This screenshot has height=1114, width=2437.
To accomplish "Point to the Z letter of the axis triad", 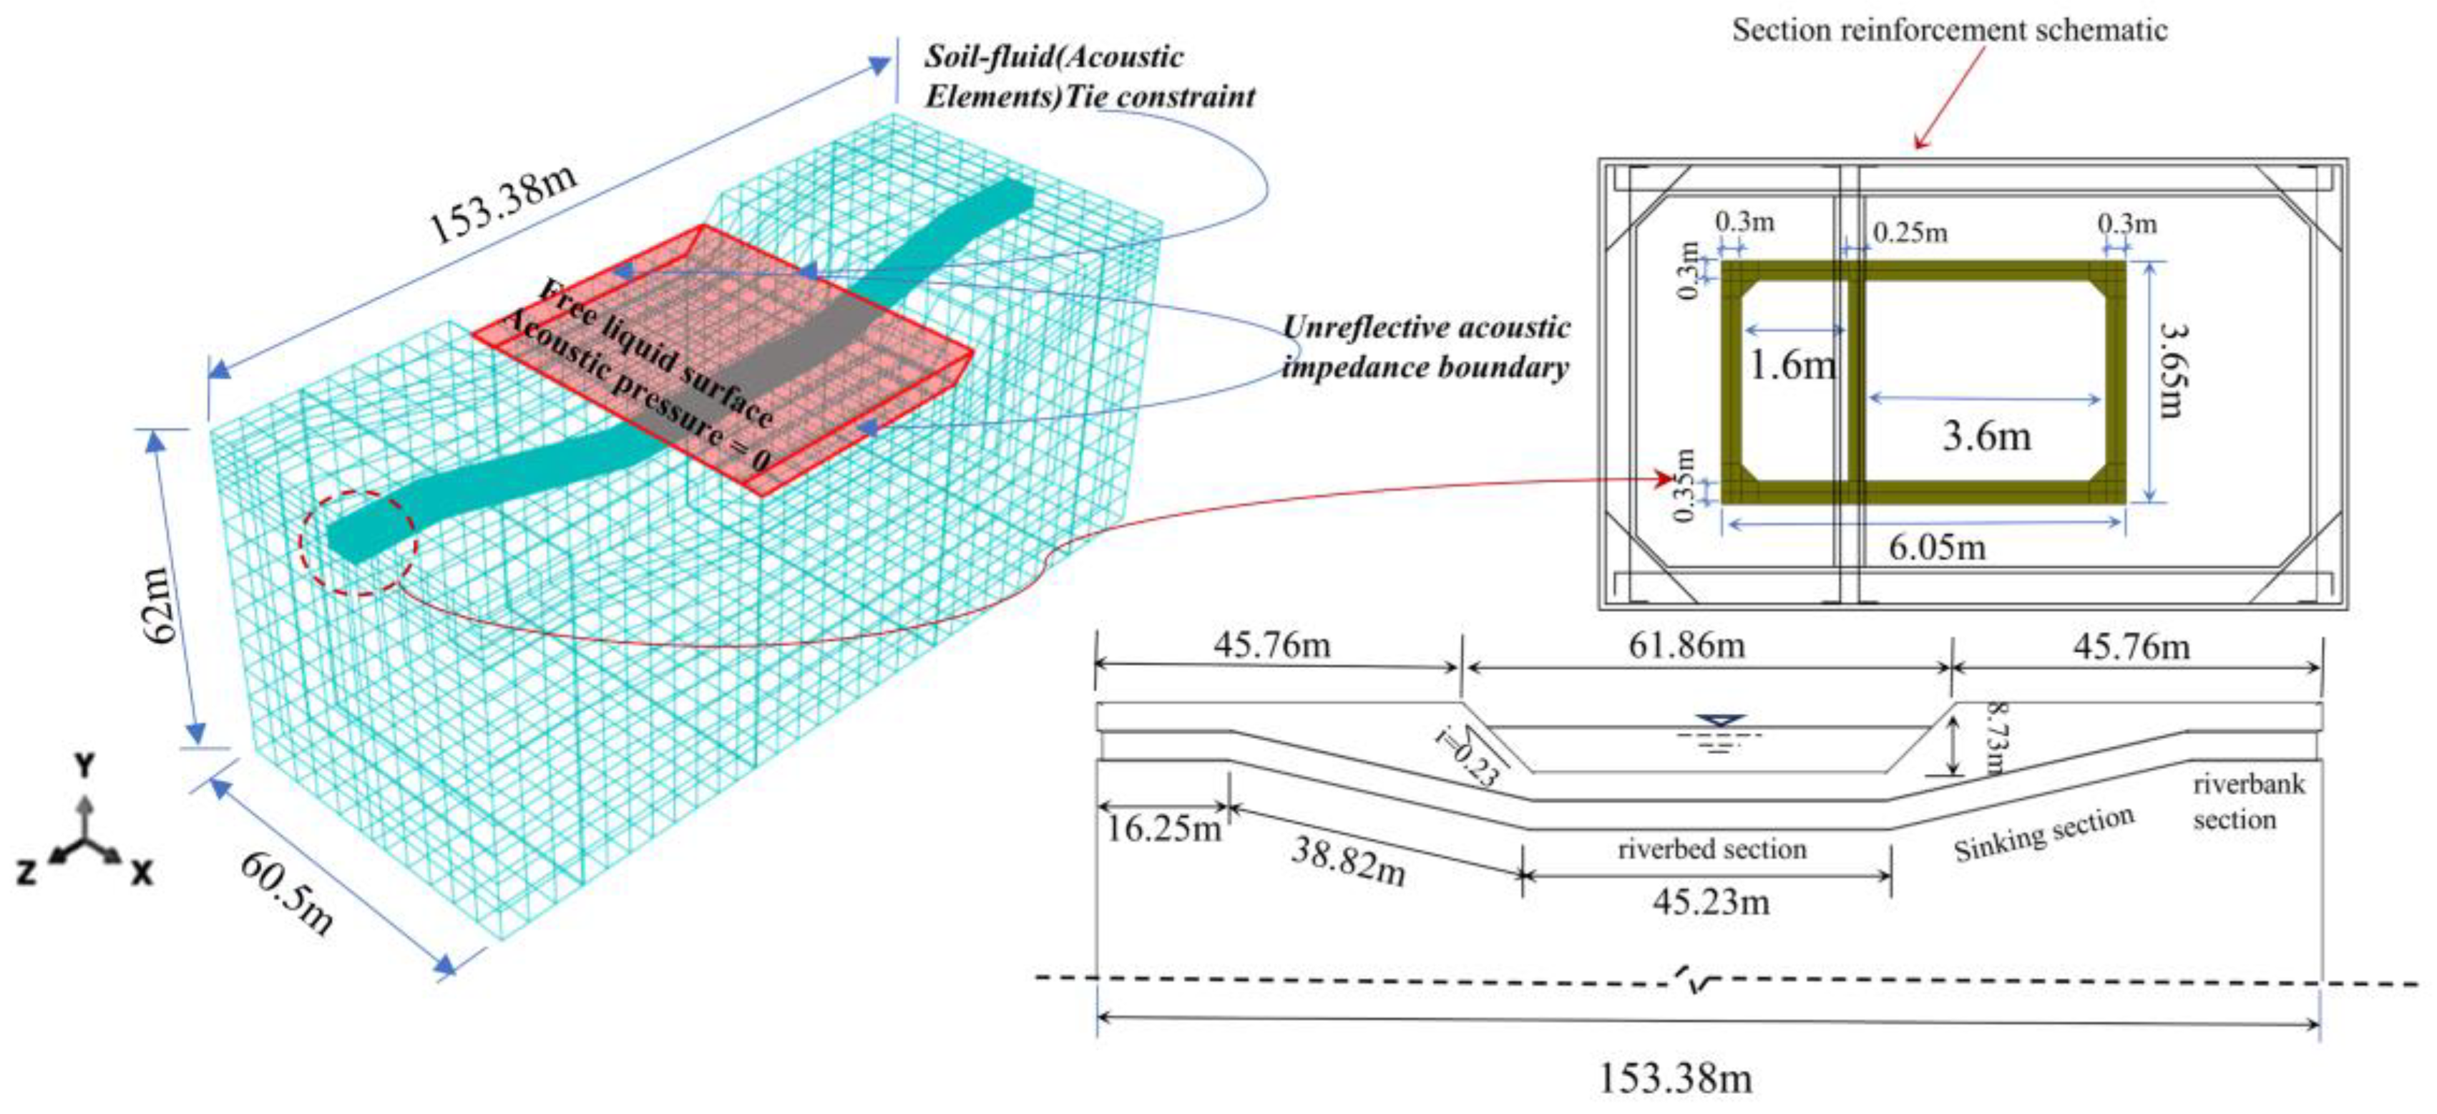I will click(26, 873).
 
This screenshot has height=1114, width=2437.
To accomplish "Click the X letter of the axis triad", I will click(141, 873).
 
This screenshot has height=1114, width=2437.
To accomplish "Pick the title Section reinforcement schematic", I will click(1949, 30).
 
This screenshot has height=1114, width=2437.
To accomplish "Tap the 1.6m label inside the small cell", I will click(1791, 364).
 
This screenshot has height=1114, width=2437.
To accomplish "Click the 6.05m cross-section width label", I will click(1937, 547).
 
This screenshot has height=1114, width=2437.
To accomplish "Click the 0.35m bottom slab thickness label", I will click(1685, 485).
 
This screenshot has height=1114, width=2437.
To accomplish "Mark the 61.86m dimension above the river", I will click(1686, 646).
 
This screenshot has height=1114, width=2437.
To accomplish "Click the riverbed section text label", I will click(1711, 849).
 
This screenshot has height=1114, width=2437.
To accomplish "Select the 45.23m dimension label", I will click(1711, 903).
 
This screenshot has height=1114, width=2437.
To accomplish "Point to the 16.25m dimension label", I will click(1163, 830).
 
